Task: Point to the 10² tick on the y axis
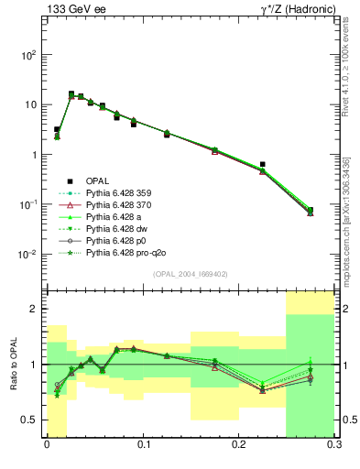tap(28, 55)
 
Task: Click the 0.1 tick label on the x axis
tap(143, 444)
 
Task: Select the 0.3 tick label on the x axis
tap(334, 444)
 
